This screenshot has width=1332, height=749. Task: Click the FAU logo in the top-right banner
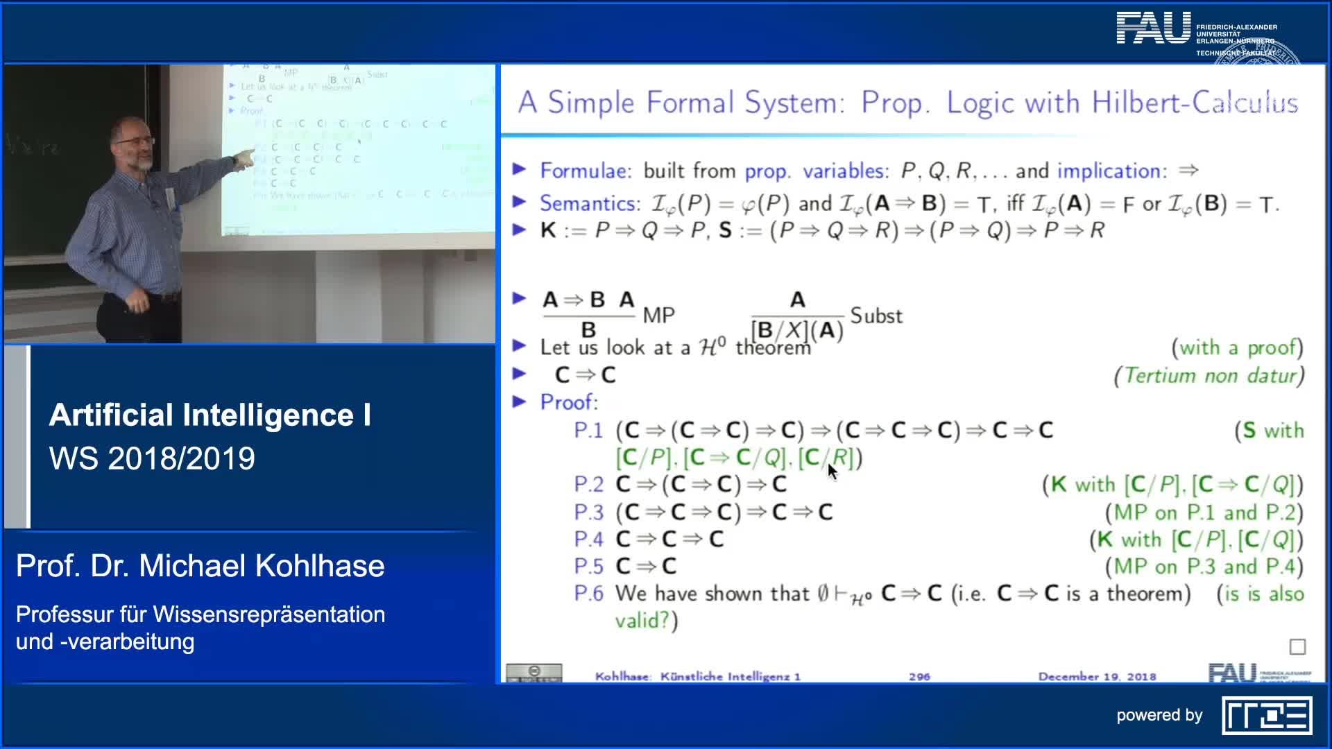coord(1153,28)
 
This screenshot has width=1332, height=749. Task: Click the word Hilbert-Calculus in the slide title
coord(1194,103)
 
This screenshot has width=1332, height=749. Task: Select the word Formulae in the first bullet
coord(586,171)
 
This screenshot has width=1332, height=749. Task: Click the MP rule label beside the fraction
coord(658,316)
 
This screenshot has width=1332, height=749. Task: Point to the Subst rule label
coord(876,316)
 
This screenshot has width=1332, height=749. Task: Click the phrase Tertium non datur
coord(1209,376)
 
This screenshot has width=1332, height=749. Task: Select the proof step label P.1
coord(588,431)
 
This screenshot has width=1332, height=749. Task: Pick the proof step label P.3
coord(588,513)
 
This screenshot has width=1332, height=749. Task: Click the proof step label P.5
coord(588,567)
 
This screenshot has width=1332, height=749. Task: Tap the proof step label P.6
coord(588,594)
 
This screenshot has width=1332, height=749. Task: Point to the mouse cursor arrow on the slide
coord(832,471)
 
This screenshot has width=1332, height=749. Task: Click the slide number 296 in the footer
coord(919,676)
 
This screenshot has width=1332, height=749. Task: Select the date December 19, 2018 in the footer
coord(1097,676)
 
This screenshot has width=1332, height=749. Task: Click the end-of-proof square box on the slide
coord(1297,647)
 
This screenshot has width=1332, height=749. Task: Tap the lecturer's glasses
coord(135,141)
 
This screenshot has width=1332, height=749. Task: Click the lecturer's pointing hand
coord(242,160)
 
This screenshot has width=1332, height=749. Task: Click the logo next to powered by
coord(1267,716)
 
